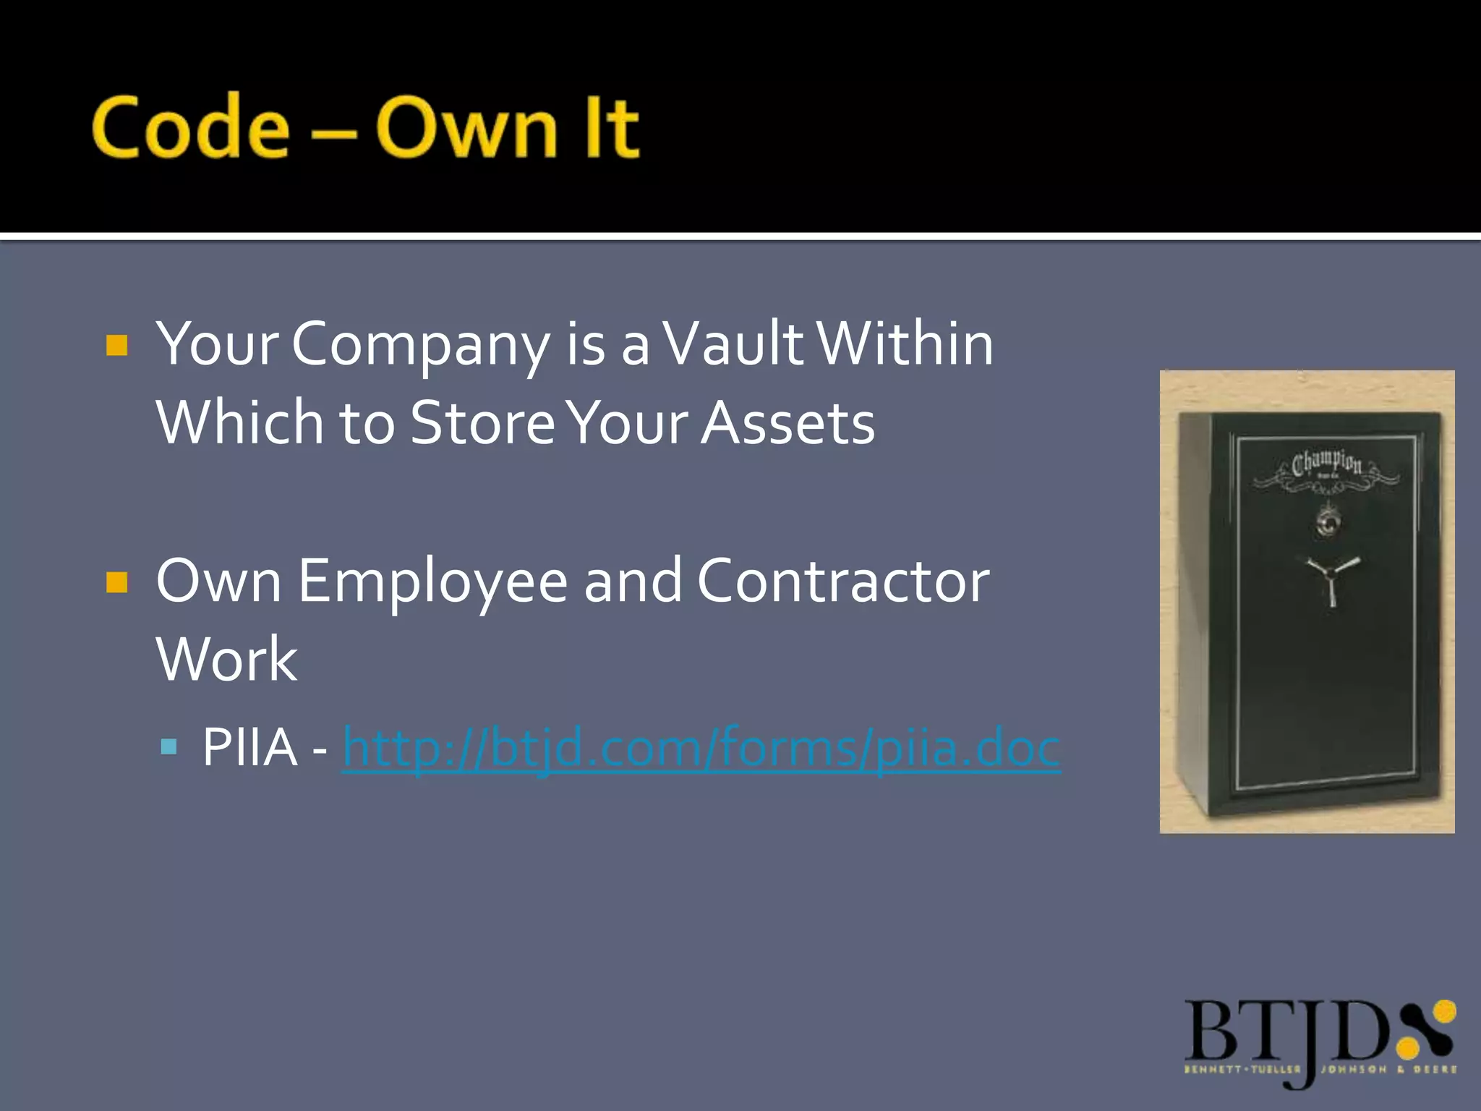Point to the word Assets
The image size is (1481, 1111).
788,422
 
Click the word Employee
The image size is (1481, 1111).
432,582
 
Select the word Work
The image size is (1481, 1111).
226,659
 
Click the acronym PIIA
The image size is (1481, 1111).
249,747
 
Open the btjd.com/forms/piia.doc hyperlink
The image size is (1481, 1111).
701,747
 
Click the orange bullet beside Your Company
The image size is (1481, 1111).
116,345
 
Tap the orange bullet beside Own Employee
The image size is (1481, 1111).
116,582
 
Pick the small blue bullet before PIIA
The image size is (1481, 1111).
169,746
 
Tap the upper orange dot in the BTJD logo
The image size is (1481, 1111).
1444,1010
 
